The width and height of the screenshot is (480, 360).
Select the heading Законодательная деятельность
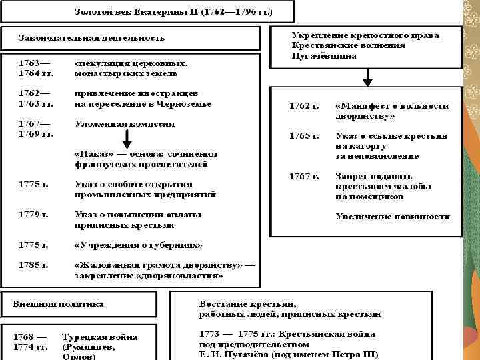pos(91,37)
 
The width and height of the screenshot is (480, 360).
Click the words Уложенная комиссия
pos(125,123)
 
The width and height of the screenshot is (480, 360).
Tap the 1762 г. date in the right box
pos(303,106)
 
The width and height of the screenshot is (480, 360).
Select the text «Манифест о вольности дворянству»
pos(391,111)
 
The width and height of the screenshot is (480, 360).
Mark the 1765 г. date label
pos(303,136)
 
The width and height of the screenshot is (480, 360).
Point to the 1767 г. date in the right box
pos(303,177)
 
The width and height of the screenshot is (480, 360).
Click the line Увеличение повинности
pos(393,217)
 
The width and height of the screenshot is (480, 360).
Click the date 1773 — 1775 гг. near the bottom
pos(236,333)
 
